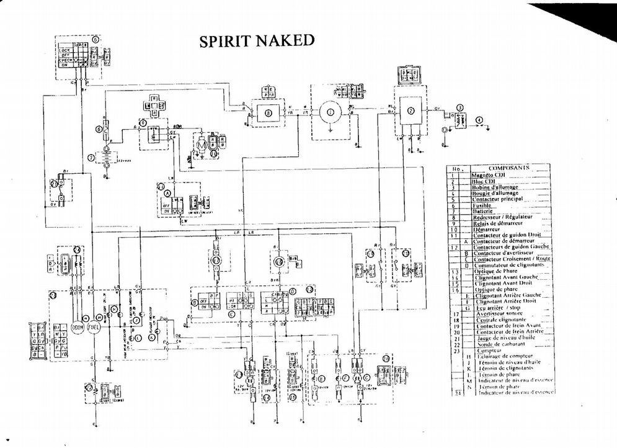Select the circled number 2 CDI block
pos(411,112)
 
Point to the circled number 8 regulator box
pos(268,114)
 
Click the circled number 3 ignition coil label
pos(459,107)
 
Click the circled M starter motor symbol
pos(200,143)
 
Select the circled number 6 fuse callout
pos(99,129)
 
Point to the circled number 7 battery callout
pos(91,157)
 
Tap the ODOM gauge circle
pos(79,328)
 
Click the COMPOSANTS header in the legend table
pos(507,168)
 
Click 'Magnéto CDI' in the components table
pos(490,175)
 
